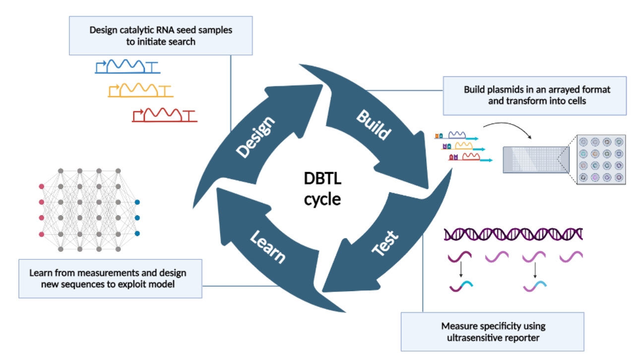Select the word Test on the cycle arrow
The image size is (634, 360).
click(385, 243)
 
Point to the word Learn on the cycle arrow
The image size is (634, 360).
click(267, 246)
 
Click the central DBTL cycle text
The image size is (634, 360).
click(322, 188)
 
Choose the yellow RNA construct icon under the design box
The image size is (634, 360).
click(140, 90)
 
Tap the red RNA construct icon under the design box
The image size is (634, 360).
click(164, 116)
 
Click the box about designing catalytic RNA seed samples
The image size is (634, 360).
click(161, 36)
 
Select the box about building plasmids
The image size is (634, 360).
click(534, 95)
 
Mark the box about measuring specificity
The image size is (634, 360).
click(493, 331)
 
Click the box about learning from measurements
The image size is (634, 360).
click(110, 279)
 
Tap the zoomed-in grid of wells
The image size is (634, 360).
click(601, 160)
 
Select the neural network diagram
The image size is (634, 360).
click(89, 209)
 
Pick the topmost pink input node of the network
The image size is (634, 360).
click(42, 186)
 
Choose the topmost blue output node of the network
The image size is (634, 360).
click(137, 202)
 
